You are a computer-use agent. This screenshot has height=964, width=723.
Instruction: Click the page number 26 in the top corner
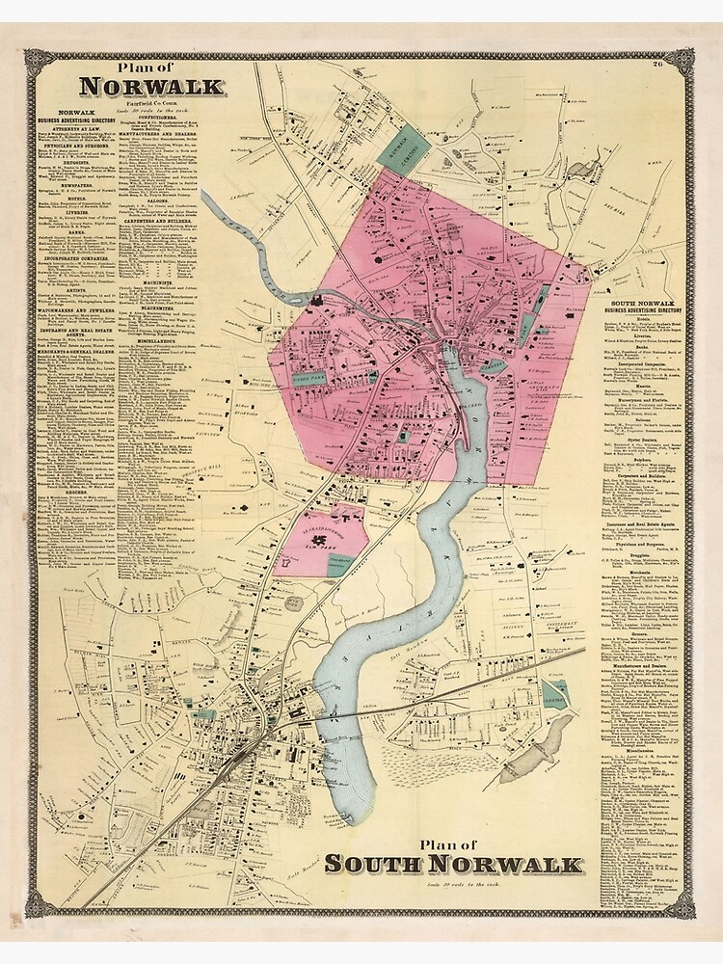click(x=657, y=65)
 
